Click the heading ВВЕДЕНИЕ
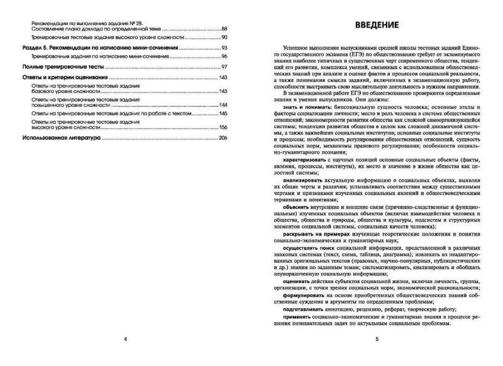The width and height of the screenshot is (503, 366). point(375,26)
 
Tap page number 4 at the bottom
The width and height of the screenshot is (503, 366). point(125,340)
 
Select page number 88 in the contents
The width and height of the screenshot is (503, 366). point(225,30)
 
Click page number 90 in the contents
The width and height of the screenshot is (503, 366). point(225,38)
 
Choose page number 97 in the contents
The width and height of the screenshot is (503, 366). point(225,67)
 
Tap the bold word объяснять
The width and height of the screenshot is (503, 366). point(297,205)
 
